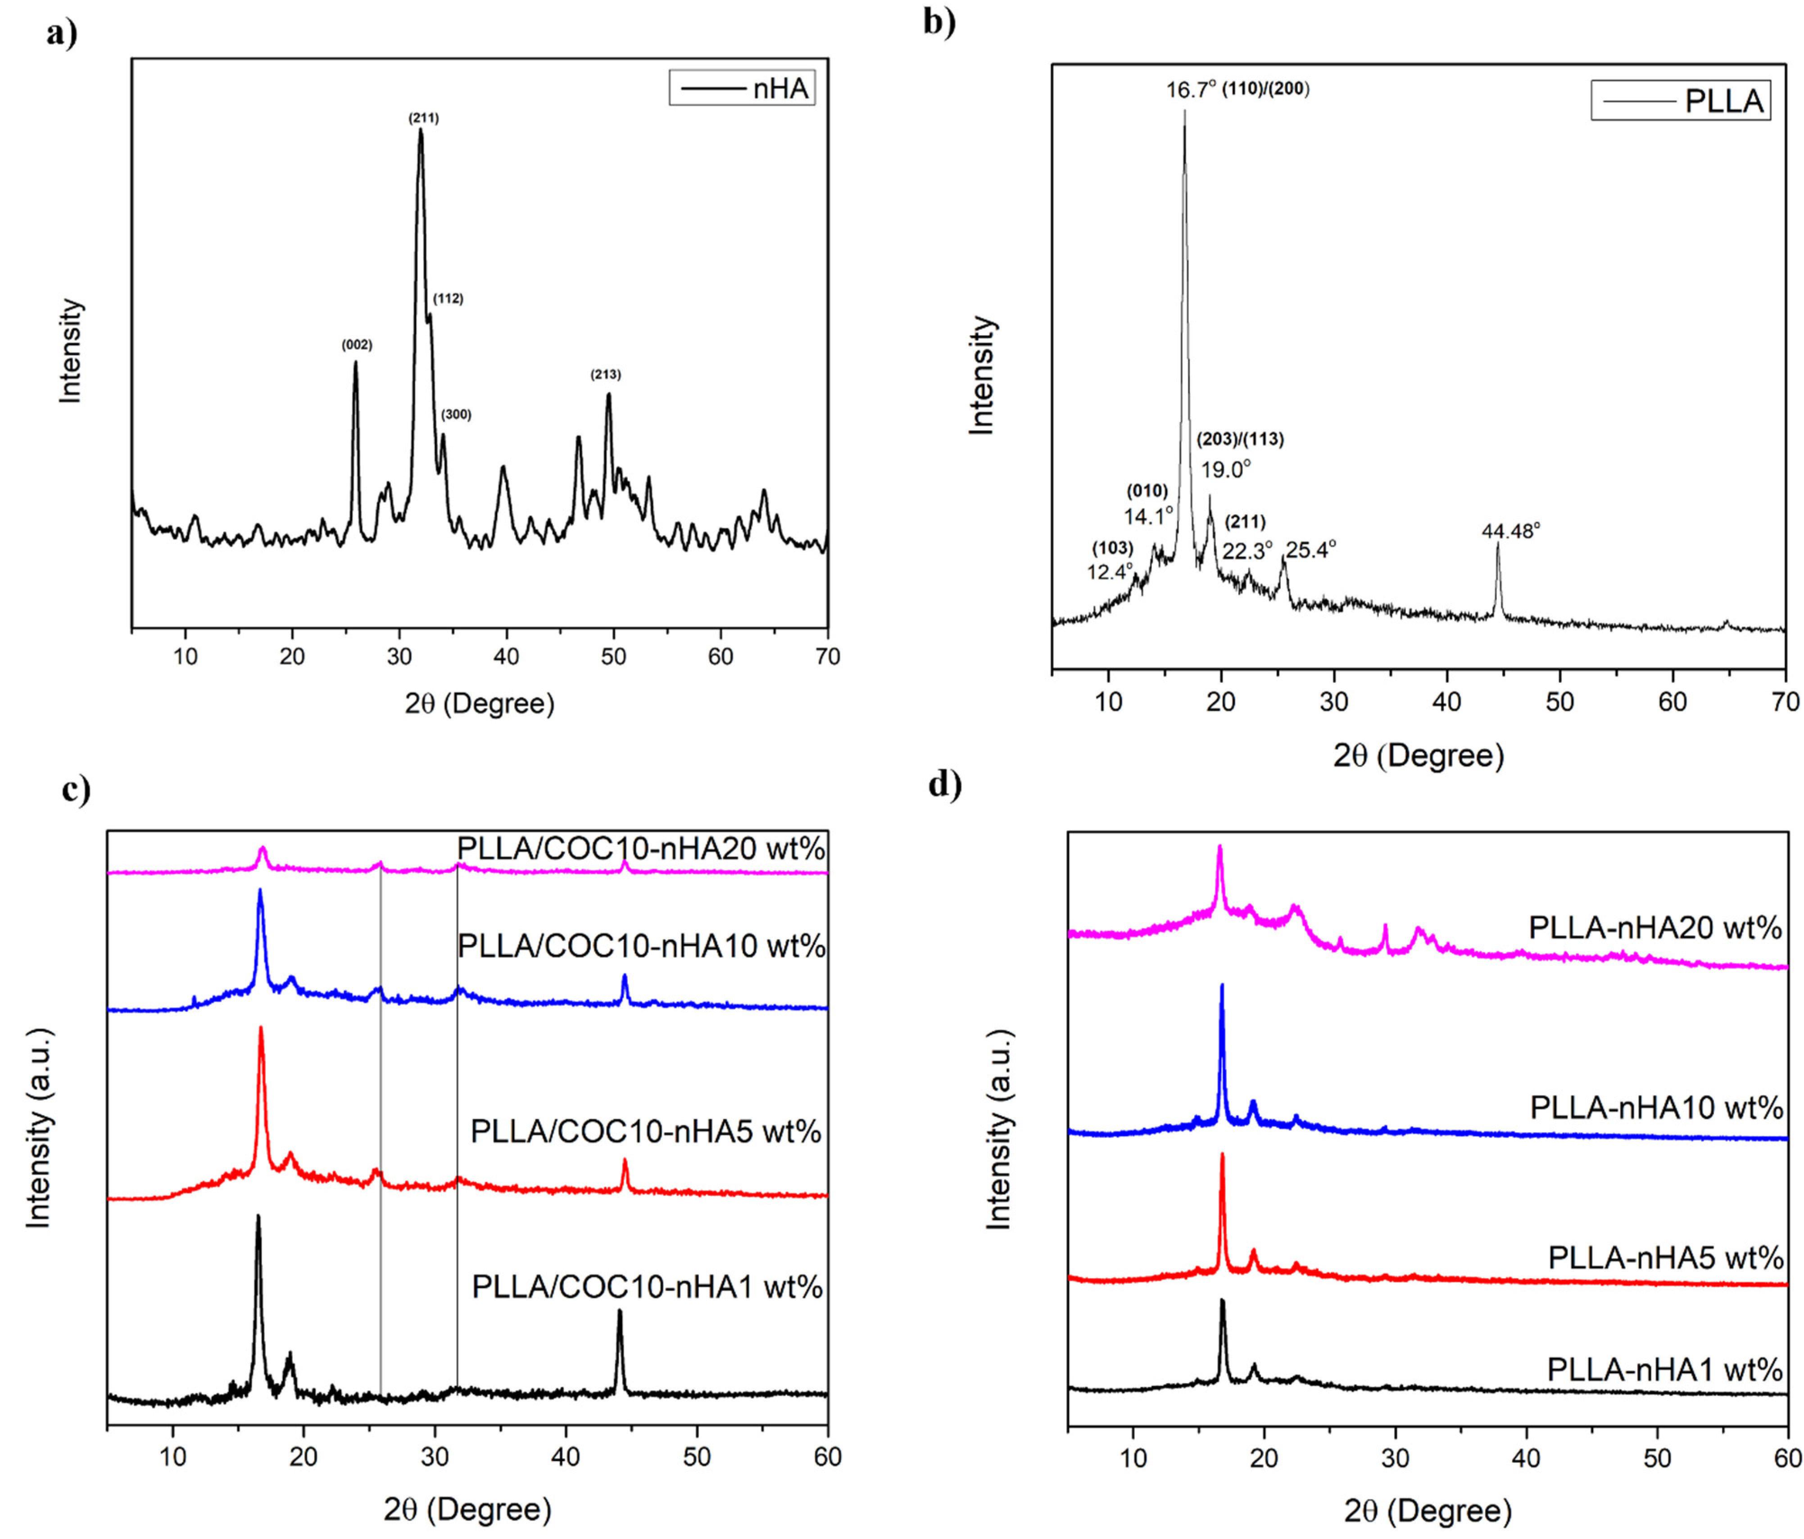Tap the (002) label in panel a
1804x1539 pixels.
click(356, 345)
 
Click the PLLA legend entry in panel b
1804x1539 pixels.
click(1680, 101)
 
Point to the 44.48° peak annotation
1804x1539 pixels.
click(1510, 531)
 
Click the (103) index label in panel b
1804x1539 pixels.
click(1113, 548)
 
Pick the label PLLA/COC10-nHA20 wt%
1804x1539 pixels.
click(641, 849)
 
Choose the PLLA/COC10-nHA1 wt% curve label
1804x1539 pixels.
click(647, 1287)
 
